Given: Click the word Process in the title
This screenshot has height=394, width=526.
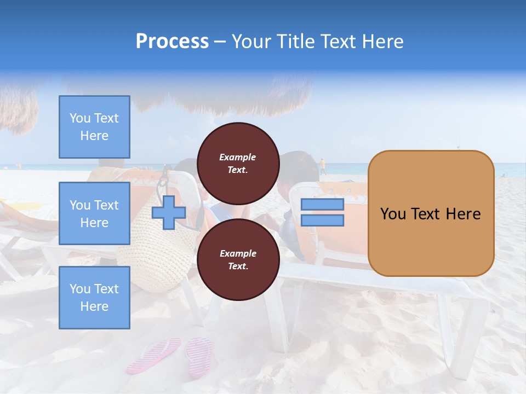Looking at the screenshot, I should [x=172, y=42].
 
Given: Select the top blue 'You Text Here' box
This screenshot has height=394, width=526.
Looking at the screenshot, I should [x=94, y=127].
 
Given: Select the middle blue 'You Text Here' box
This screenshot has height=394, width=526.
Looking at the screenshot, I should [x=94, y=213].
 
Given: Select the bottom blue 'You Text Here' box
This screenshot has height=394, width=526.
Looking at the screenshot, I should [x=94, y=298].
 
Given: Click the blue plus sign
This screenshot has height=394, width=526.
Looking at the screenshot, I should [x=168, y=213].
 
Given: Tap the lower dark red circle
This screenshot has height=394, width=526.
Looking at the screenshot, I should [x=238, y=259].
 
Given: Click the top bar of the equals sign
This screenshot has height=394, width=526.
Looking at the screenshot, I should [x=322, y=205].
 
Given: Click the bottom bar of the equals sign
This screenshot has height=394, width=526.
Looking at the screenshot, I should [x=322, y=221].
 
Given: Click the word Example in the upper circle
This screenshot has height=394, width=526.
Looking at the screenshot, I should [x=237, y=157].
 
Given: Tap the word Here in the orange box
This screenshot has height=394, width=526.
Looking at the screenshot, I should [x=463, y=214].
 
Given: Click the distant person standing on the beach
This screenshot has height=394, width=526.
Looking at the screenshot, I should [x=322, y=166].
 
